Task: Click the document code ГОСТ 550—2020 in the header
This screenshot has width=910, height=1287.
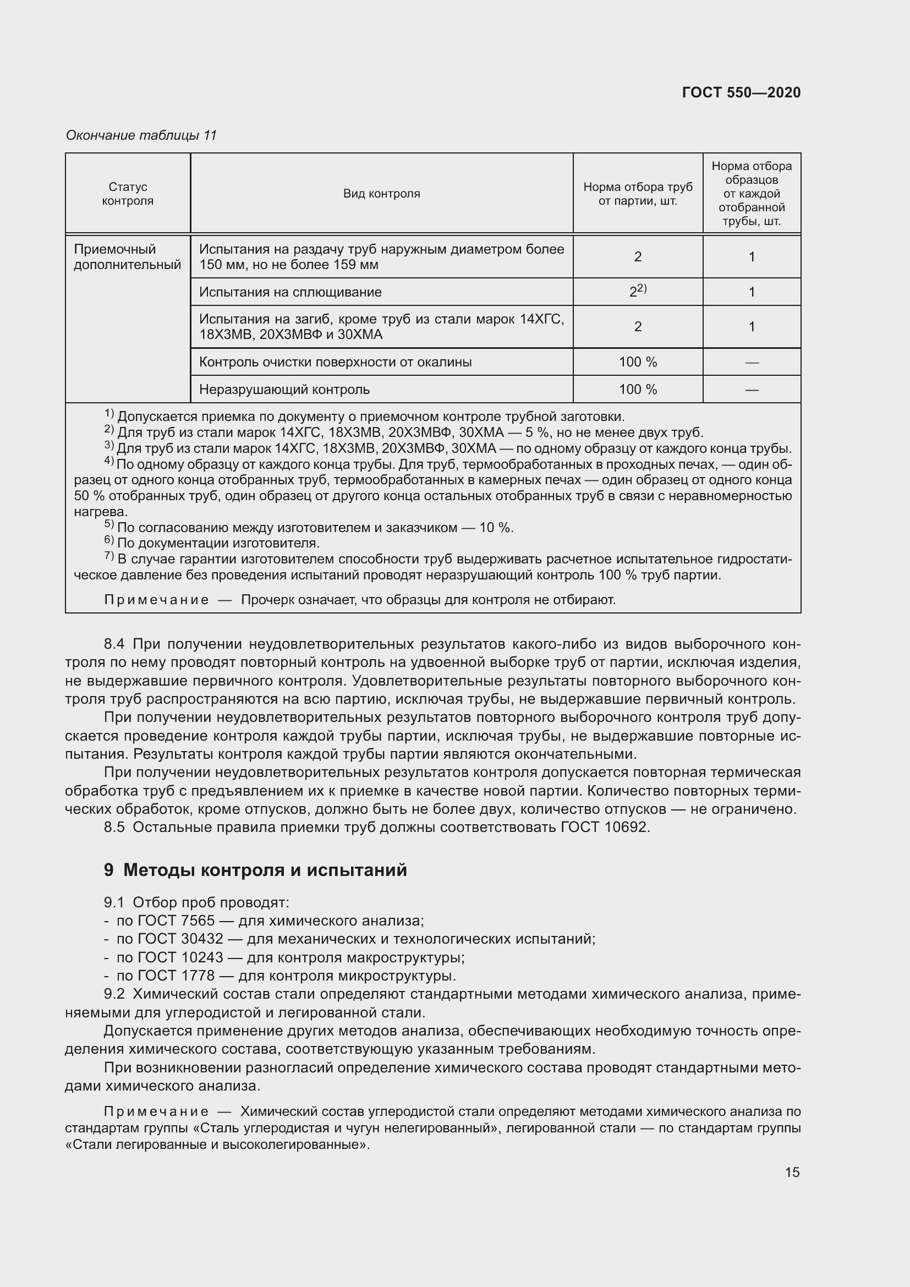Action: [x=741, y=92]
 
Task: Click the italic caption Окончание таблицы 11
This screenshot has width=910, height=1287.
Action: [x=141, y=135]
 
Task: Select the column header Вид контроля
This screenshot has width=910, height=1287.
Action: [x=381, y=194]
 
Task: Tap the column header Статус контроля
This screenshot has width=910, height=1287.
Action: [x=128, y=194]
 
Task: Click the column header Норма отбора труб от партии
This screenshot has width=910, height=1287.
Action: [x=637, y=194]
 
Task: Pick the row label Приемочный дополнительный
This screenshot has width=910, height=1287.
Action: [x=128, y=258]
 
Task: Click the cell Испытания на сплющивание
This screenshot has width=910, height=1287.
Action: [x=290, y=292]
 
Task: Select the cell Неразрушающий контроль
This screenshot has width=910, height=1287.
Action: [x=284, y=390]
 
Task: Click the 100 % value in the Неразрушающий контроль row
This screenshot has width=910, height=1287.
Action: [x=637, y=390]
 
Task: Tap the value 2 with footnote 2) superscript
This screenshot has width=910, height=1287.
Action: [x=637, y=292]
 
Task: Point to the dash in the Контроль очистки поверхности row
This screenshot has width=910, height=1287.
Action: [x=752, y=363]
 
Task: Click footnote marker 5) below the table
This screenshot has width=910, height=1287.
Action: [x=109, y=526]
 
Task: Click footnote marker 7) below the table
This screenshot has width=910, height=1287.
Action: [x=109, y=557]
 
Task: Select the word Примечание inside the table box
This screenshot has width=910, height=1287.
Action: [x=156, y=600]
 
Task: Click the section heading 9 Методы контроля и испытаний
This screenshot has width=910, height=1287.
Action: [x=255, y=870]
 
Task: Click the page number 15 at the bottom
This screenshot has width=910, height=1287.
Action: [x=792, y=1172]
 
